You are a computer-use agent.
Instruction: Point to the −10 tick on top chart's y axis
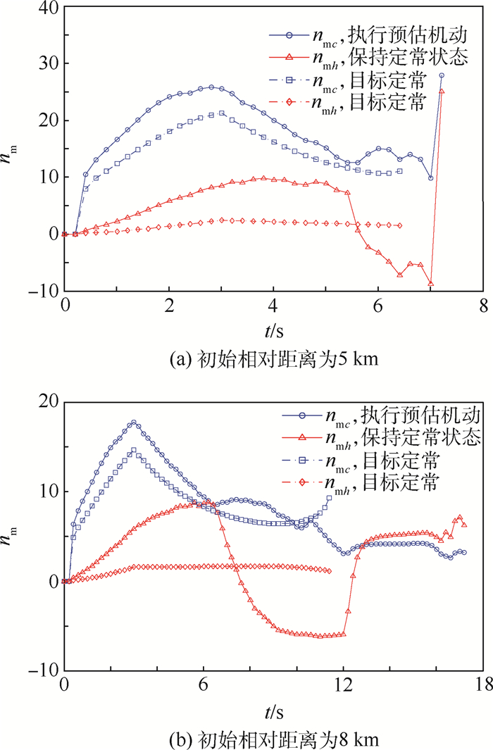click(x=47, y=290)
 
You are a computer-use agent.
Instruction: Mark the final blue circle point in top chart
click(x=442, y=75)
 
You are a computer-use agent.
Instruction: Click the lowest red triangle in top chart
click(x=431, y=284)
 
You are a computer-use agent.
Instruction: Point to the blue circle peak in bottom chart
click(x=133, y=423)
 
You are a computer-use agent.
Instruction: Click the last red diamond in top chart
click(x=400, y=225)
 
